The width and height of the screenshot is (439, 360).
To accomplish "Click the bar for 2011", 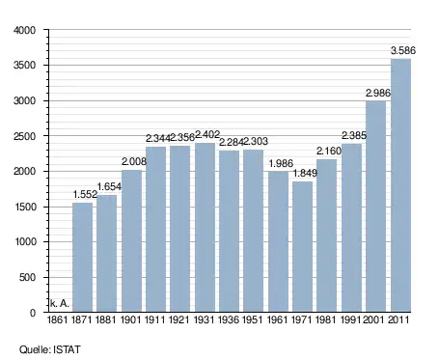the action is click(x=400, y=185).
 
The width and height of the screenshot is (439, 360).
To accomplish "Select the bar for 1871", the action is click(x=82, y=257).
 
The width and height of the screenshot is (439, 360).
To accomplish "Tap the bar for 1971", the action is click(x=302, y=246).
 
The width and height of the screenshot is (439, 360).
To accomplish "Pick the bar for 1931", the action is click(x=205, y=227).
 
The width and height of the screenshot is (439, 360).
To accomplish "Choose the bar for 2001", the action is click(x=376, y=207).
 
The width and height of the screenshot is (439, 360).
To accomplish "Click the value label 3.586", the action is click(x=403, y=50).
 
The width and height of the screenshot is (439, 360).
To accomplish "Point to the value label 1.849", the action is click(x=305, y=173).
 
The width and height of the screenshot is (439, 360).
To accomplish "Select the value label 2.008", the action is click(x=134, y=161).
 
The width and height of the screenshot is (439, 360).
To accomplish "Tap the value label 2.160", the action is click(x=329, y=151).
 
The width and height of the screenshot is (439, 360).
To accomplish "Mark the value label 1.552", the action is click(x=85, y=194).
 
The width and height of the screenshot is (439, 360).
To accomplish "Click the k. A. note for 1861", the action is click(x=60, y=303).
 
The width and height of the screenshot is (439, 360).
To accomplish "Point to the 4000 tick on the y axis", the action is click(x=24, y=30).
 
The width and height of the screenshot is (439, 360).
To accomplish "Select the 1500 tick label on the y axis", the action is click(x=25, y=207).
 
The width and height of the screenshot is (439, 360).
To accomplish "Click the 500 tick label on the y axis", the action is click(x=27, y=277).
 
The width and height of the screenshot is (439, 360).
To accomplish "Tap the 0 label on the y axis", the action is click(x=33, y=313).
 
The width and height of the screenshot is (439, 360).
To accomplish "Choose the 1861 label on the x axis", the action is click(x=58, y=319).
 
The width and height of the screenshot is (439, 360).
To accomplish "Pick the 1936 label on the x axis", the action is click(x=229, y=319).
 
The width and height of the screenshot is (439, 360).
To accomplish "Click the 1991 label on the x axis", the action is click(x=351, y=319).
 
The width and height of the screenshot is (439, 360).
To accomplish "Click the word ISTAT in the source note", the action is click(x=67, y=349).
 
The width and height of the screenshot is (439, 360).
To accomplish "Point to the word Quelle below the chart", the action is click(x=34, y=349).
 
